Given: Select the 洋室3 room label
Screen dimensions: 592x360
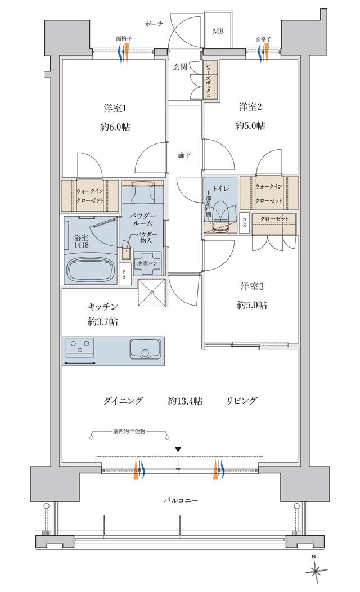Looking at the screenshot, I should pos(251,286).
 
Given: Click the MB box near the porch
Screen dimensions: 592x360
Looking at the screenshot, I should pos(218,30).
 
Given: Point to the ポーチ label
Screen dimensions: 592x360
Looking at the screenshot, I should pos(155,24).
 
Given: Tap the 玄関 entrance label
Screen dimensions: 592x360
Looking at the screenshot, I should pos(180,67).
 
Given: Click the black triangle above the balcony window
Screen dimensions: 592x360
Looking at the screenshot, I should pos(178,449).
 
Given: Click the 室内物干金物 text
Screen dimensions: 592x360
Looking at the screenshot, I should pos(129,431).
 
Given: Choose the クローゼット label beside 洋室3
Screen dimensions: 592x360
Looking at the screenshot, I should pos(274,218).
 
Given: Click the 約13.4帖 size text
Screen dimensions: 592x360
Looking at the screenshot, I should pos(185,401).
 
